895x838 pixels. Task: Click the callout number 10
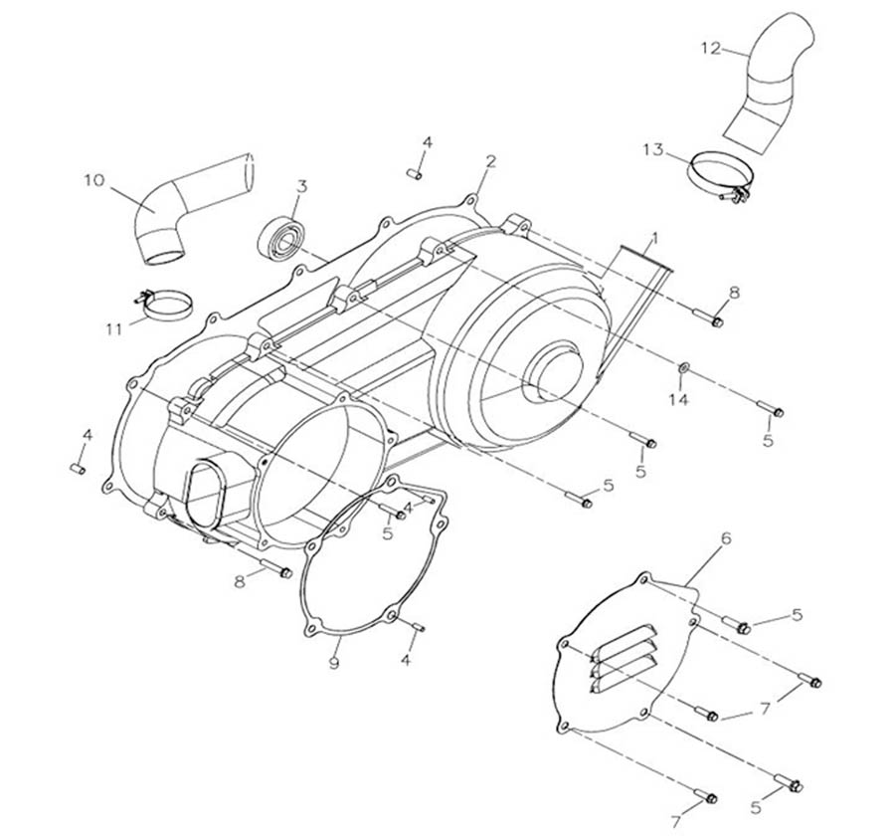93,180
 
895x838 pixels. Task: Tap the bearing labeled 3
281,237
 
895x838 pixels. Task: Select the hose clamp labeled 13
719,175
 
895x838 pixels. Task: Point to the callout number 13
652,149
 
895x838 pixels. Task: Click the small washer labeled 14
684,371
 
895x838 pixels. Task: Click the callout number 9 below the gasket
335,662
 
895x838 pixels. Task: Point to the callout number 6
726,538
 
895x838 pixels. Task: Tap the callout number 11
115,327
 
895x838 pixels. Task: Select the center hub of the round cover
553,369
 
